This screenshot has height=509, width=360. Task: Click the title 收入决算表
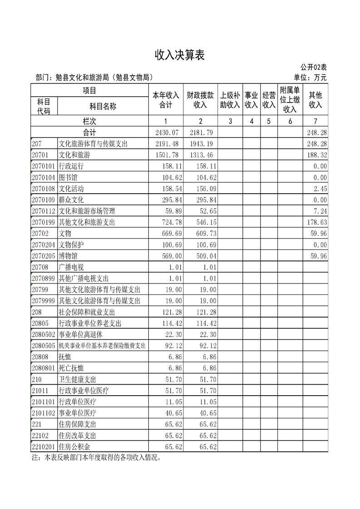(x=180, y=55)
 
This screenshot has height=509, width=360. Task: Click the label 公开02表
(x=313, y=67)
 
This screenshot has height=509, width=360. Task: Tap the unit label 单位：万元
(x=310, y=78)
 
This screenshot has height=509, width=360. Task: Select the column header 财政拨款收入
(x=200, y=100)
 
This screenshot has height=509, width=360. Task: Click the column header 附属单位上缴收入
(x=290, y=100)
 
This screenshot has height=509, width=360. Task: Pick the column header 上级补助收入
(x=230, y=100)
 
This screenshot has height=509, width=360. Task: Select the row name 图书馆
(x=69, y=177)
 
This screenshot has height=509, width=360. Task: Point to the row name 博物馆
(x=69, y=256)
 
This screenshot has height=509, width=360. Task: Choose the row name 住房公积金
(x=74, y=447)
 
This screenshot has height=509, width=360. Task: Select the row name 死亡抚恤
(x=72, y=368)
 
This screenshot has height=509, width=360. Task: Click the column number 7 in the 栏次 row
(x=316, y=121)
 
